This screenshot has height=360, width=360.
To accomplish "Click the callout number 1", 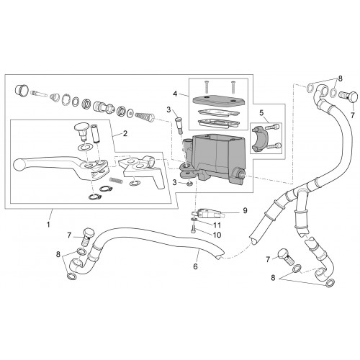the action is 48,225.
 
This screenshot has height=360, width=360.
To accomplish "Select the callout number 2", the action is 125,133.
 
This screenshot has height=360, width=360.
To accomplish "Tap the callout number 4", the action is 175,94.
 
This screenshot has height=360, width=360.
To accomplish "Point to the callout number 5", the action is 261,112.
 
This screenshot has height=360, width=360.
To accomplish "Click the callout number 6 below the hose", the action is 195,266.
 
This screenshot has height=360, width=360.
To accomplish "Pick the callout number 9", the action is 245,210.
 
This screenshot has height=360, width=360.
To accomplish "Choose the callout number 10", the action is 217,235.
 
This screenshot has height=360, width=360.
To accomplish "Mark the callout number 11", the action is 217,225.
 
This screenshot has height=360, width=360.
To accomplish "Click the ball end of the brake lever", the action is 19,165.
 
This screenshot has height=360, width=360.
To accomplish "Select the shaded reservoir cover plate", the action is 218,100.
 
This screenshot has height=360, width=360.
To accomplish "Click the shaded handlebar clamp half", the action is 259,140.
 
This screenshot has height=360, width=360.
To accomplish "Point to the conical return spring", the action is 145,117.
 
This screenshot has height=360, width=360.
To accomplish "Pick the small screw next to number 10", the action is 193,227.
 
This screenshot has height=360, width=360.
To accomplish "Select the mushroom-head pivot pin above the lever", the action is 81,132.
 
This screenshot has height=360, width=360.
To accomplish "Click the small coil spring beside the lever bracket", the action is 115,180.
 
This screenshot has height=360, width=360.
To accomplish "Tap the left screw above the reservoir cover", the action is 206,87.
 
